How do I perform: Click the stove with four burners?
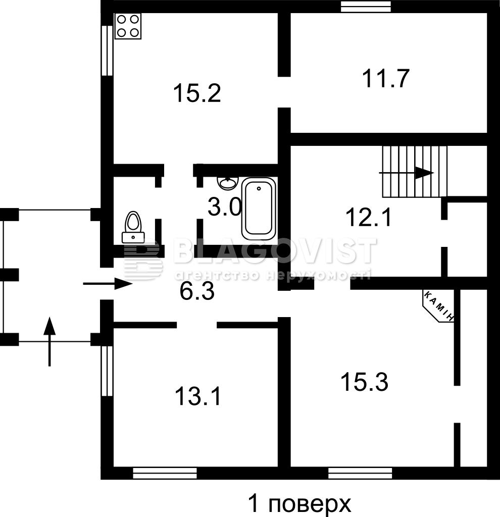(128, 26)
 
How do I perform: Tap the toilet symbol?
(133, 227)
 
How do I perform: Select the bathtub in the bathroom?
(259, 209)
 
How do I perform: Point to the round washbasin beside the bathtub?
(228, 182)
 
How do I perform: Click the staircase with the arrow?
(415, 172)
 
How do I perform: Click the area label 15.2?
(197, 93)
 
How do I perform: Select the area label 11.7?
(385, 78)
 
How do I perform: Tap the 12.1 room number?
(368, 218)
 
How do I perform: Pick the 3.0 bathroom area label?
(225, 206)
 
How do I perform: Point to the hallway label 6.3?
(197, 291)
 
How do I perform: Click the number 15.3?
(364, 382)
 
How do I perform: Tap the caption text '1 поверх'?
(299, 503)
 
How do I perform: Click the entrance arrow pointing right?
(108, 284)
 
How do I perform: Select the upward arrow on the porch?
(49, 341)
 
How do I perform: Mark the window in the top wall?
(366, 7)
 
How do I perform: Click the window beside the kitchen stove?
(107, 50)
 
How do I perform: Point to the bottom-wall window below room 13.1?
(165, 473)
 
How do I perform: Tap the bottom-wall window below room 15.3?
(360, 473)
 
